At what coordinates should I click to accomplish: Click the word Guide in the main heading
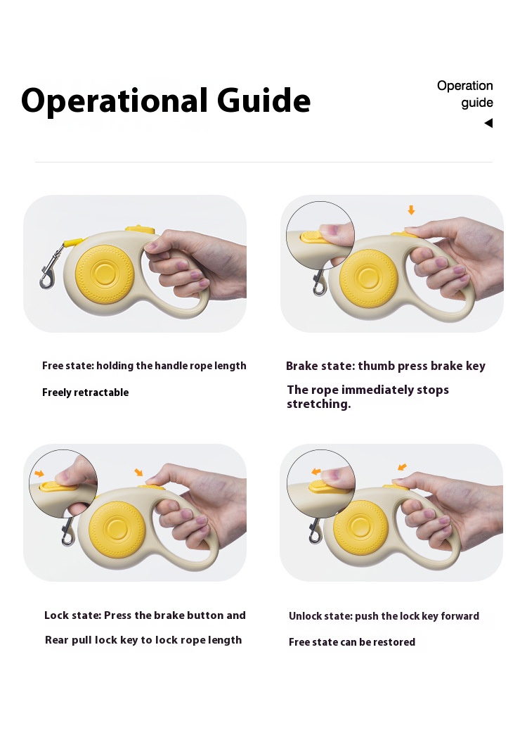263,101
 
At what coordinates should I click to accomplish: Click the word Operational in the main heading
115,101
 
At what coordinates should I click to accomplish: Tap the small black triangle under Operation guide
488,123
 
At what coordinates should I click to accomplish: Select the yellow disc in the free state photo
104,274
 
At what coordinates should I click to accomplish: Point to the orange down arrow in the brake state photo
411,210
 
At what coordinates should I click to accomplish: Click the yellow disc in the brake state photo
368,279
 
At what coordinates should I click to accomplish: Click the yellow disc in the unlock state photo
360,528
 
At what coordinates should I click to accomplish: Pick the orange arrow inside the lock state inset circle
39,473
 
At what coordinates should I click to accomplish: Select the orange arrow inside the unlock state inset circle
316,472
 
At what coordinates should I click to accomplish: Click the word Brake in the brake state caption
301,366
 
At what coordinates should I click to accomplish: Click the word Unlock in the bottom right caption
304,616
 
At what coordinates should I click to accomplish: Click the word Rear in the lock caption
56,641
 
